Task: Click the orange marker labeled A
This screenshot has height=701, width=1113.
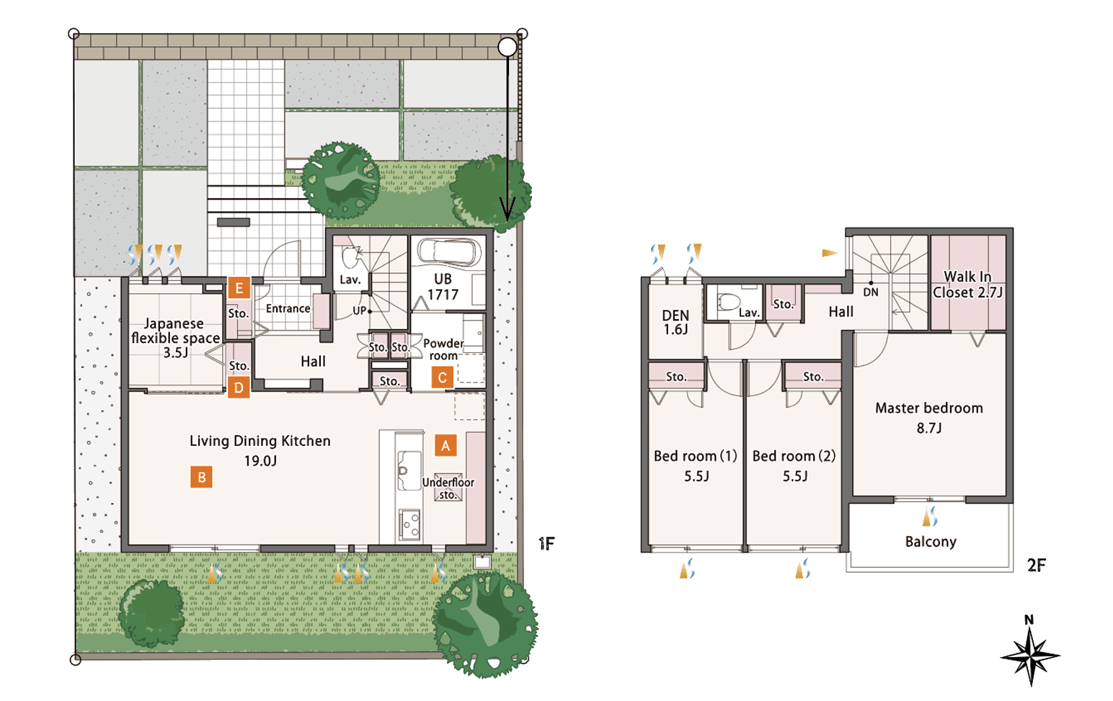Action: point(445,445)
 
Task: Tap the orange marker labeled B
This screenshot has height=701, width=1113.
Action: point(201,477)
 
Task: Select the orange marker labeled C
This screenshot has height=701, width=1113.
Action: point(442,378)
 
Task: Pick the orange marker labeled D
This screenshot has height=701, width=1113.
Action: point(239,387)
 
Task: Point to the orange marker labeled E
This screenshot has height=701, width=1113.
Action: point(239,288)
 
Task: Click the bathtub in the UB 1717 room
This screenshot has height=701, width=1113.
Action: point(450,251)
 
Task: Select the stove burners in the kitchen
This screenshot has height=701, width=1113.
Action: point(410,524)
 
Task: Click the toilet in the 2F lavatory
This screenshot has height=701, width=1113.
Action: point(730,301)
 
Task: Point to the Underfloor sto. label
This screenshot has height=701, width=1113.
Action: point(448,488)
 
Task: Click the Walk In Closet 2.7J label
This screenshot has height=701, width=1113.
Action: point(967,285)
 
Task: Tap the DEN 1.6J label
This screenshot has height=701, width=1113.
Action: point(675,322)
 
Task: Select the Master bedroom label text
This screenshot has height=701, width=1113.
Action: point(929,408)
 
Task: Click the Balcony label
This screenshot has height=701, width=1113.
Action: point(931,542)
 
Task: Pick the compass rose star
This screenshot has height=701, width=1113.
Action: point(1030,656)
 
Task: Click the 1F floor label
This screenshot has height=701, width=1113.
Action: point(546,544)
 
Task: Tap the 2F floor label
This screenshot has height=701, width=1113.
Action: point(1037,565)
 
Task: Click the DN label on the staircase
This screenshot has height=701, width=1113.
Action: point(871,292)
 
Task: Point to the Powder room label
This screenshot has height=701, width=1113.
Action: point(443,349)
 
